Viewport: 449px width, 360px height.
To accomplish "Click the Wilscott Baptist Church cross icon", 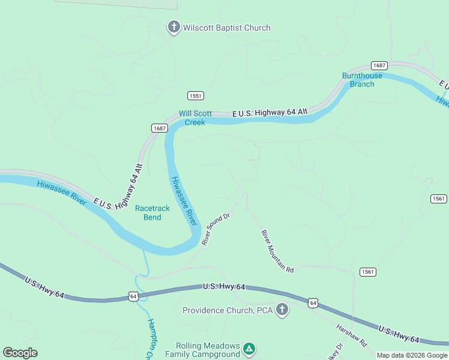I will coord(173,27).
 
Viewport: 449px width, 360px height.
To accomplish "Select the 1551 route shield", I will coord(195,96).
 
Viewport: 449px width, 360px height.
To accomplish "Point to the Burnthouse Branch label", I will coord(362,80).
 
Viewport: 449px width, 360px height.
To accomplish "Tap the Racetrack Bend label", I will coord(152,212).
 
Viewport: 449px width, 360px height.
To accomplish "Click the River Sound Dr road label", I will coord(216,229).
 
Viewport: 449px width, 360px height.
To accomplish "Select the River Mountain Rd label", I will coord(277,251).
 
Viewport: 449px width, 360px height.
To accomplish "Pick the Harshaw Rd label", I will coord(351,336).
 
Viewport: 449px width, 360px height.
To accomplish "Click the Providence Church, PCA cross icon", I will coord(282,310).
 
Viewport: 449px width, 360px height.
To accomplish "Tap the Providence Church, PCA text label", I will coord(228,310).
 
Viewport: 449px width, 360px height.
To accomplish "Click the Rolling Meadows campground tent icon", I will coord(250,348).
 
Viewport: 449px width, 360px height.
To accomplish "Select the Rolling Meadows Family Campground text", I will coord(208,350).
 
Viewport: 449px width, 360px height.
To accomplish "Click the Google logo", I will coord(20,353).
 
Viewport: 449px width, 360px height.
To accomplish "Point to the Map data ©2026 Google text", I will coord(412,355).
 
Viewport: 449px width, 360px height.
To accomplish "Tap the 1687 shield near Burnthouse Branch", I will coord(379,65).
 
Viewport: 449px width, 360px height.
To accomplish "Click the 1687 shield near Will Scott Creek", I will coord(159,128).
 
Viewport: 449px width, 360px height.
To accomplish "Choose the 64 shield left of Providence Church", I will coord(133,296).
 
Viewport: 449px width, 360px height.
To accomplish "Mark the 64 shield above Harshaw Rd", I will coord(313,304).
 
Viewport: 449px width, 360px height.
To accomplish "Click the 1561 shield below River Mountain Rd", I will coord(369,272).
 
